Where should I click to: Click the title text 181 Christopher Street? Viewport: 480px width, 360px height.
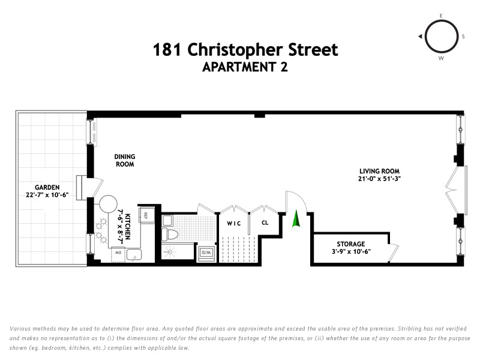click(245, 50)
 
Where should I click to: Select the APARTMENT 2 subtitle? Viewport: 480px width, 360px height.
click(245, 67)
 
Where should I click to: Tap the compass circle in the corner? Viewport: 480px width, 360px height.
click(441, 37)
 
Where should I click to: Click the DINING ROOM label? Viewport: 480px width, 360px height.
click(124, 160)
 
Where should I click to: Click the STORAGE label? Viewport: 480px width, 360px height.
click(350, 244)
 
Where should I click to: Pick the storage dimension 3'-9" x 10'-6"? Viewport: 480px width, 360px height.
click(350, 251)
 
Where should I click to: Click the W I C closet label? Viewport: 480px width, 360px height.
click(233, 223)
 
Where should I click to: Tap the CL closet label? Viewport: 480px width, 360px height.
click(265, 223)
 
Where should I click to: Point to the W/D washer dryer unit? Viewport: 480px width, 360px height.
click(206, 253)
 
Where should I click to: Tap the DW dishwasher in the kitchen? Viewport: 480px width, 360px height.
click(118, 254)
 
